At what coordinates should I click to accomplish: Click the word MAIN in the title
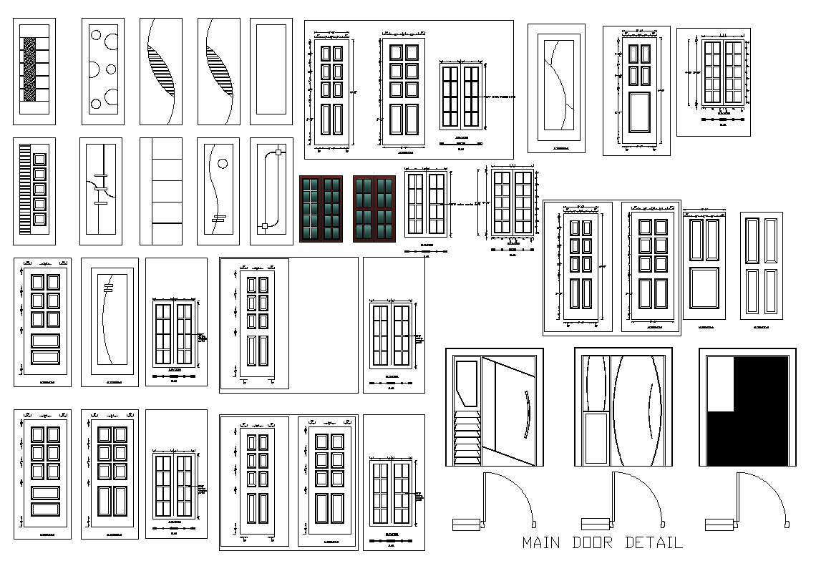541,542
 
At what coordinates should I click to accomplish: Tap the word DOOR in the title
592,542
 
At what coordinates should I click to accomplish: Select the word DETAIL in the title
654,542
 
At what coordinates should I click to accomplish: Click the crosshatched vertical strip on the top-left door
29,72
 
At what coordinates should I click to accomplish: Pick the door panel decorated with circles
102,72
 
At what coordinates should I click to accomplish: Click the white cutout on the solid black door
721,384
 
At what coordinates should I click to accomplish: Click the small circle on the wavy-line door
222,164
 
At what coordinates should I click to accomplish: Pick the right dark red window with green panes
374,208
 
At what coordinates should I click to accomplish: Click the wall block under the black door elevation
719,524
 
